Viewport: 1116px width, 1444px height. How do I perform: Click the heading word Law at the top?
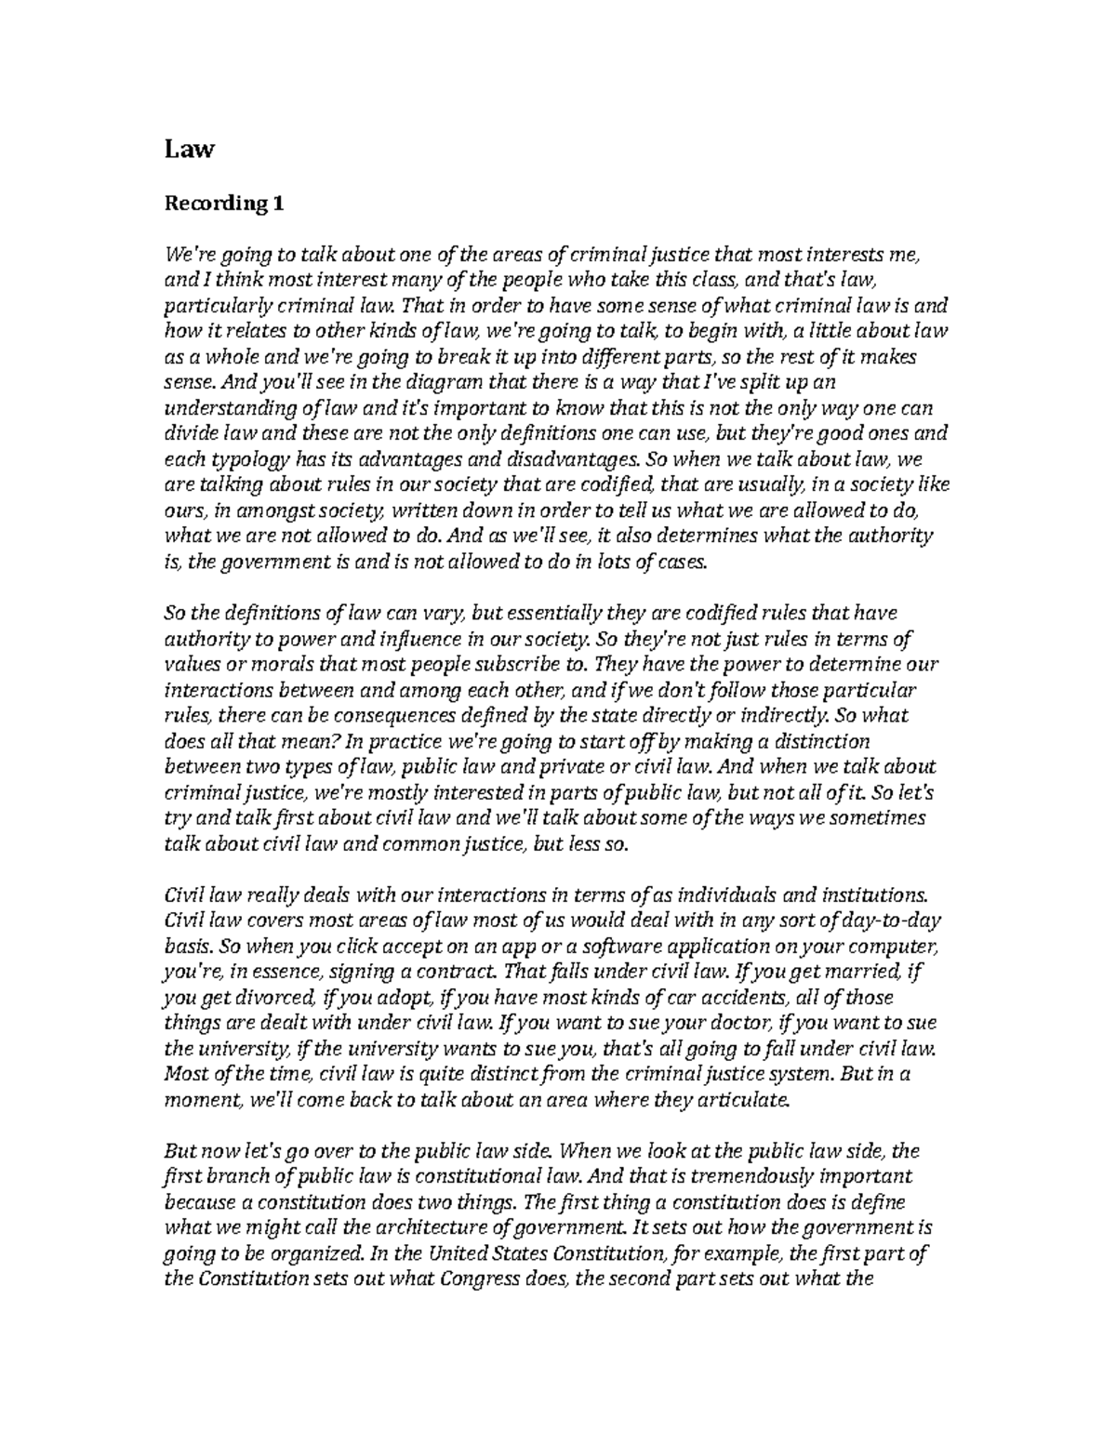[x=189, y=149]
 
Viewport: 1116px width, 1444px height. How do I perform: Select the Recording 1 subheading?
[x=223, y=204]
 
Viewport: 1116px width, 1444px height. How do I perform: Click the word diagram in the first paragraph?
[x=385, y=382]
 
